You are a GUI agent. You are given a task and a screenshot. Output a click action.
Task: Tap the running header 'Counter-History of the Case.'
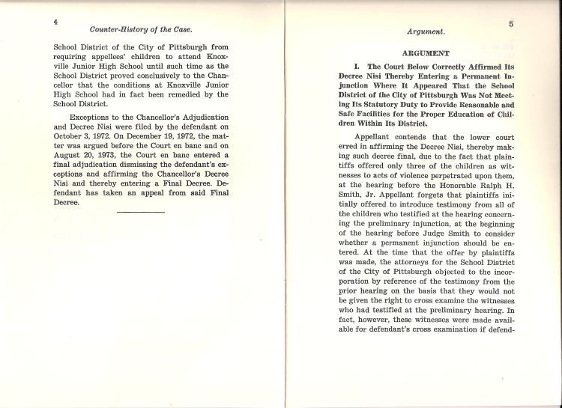[x=141, y=30]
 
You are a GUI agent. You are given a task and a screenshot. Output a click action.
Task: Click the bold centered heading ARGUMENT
[x=426, y=53]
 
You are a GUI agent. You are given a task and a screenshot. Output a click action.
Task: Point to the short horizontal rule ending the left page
[x=141, y=213]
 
